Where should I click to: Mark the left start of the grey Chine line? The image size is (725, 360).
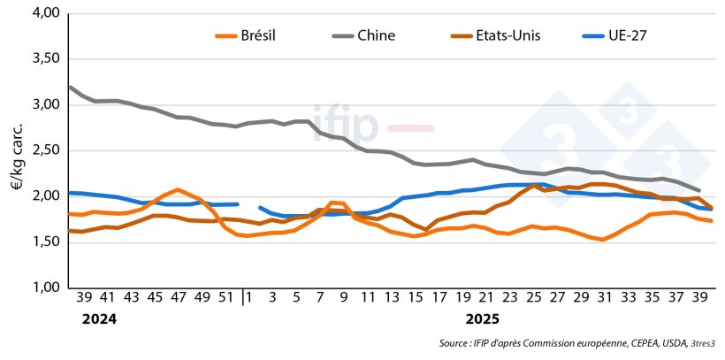click(70, 87)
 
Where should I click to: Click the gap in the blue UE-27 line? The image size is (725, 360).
click(248, 205)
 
